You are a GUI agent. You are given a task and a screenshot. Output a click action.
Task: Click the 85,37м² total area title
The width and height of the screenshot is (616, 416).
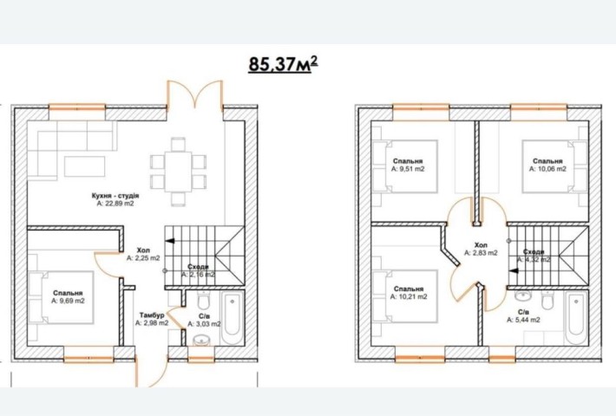tap(283, 64)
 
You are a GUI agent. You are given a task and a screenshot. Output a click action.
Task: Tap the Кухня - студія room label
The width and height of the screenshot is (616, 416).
tap(115, 196)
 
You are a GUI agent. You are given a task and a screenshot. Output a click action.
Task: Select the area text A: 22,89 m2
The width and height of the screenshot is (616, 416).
tap(115, 204)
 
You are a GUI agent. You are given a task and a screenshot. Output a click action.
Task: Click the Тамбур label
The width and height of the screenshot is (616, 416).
tap(152, 315)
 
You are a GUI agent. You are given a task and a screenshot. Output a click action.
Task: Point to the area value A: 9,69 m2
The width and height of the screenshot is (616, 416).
tap(68, 301)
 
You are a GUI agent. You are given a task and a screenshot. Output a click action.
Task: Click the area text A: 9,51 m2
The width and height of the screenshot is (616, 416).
tap(408, 169)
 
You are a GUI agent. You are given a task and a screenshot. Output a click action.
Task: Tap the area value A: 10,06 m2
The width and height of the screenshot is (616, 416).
tap(547, 169)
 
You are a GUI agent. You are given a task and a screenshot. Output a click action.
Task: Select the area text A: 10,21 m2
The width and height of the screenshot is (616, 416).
tap(409, 296)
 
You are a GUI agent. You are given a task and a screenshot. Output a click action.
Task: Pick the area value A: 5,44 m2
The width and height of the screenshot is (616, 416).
tap(523, 320)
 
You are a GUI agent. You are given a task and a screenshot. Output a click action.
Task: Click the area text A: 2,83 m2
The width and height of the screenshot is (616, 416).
tap(481, 253)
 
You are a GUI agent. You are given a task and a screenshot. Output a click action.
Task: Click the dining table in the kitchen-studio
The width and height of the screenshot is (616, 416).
tap(179, 172)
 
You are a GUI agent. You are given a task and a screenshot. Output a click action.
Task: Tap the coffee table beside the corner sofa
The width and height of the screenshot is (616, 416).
tap(85, 166)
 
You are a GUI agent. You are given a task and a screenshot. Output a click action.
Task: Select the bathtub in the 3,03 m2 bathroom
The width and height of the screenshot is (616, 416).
tap(233, 318)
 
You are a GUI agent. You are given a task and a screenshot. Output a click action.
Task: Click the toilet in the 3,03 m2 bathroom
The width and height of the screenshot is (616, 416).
tap(203, 301)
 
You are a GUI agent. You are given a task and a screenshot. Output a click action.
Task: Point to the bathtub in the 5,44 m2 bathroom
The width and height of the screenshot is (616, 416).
tap(576, 318)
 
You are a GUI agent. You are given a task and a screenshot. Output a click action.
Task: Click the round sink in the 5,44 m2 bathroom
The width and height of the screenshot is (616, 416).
tap(522, 296)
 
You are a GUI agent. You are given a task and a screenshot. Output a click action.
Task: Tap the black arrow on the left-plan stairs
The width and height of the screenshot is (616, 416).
tap(170, 241)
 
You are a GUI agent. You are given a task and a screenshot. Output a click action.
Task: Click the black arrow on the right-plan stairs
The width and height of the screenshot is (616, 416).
tap(514, 270)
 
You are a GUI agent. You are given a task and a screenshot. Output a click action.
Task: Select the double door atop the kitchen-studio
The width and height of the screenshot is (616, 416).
tap(195, 94)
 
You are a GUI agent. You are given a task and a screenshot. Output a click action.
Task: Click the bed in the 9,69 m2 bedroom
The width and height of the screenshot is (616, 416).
tap(61, 297)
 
